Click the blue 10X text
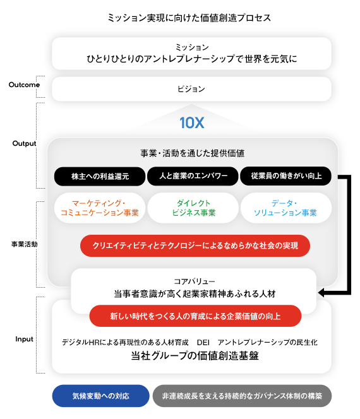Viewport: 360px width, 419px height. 192,122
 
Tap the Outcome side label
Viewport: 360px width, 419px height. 24,85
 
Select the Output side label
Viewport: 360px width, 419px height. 24,143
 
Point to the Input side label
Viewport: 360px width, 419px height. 24,339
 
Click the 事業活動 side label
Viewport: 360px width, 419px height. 24,244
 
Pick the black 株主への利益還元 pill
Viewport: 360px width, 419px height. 100,176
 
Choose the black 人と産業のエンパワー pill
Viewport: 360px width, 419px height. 193,176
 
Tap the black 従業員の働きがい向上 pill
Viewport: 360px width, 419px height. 286,176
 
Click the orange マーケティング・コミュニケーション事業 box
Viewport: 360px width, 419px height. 100,208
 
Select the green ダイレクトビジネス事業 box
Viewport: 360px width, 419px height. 193,208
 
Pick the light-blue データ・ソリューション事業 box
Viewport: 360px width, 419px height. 286,208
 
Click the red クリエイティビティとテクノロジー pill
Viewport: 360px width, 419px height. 195,246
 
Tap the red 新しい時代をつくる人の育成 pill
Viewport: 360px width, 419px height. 195,316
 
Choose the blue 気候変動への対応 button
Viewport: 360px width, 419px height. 101,396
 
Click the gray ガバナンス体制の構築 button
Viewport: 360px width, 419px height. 242,396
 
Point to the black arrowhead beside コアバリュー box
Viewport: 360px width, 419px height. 321,293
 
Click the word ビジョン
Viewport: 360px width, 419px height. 191,89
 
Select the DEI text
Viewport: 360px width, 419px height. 203,342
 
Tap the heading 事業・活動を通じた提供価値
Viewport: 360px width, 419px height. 192,153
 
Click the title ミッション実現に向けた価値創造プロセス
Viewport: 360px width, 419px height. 189,18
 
